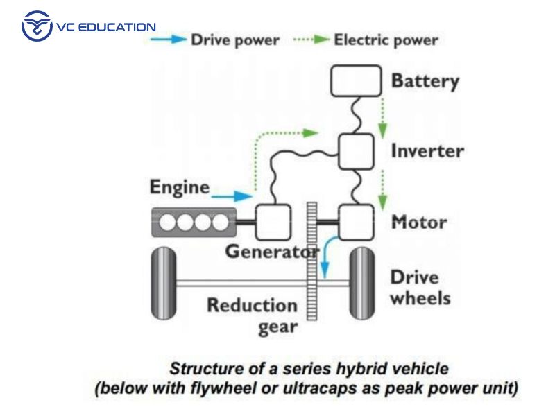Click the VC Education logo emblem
point(37,27)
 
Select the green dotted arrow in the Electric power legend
point(310,40)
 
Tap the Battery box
point(356,81)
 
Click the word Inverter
point(427,150)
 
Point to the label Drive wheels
point(419,288)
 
